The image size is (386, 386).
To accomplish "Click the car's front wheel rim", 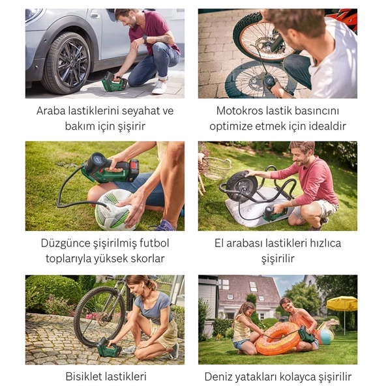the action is [72, 63].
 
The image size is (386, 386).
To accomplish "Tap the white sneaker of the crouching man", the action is [159, 87].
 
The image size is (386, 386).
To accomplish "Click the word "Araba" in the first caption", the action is [51, 111].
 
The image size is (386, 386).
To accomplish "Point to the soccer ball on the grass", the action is [115, 209].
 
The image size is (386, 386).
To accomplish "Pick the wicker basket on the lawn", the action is [216, 168].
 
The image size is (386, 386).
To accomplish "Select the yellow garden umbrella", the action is [342, 303].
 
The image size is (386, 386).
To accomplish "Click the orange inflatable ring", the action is [278, 338].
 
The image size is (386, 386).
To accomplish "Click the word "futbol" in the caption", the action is [155, 243].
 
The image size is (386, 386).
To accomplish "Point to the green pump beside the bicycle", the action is [108, 347].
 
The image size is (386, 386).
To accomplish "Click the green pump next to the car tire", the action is [113, 82].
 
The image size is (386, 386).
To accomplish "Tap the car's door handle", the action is [95, 16].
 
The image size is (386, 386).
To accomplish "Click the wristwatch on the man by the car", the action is [145, 39].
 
